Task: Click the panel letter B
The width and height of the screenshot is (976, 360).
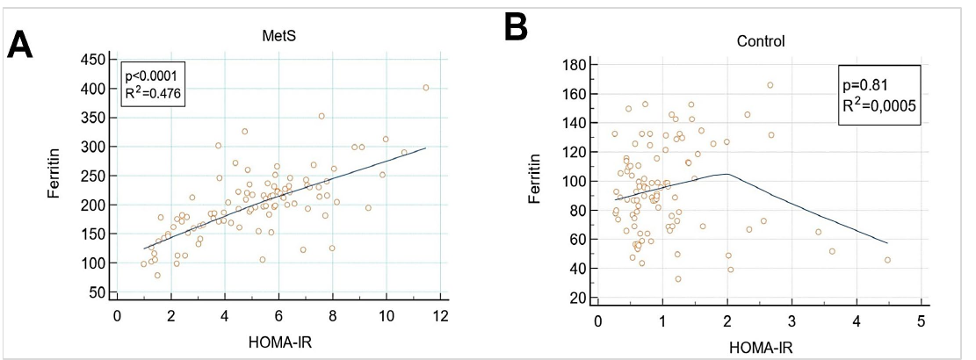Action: [516, 26]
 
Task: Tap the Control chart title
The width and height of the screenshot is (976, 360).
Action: [761, 41]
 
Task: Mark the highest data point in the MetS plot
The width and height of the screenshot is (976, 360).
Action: [426, 88]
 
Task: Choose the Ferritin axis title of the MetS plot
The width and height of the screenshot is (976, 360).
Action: [54, 176]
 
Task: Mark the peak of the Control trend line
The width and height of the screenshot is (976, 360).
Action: [727, 174]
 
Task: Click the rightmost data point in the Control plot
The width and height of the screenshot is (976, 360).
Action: [887, 260]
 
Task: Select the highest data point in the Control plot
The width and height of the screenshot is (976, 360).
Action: [770, 85]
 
